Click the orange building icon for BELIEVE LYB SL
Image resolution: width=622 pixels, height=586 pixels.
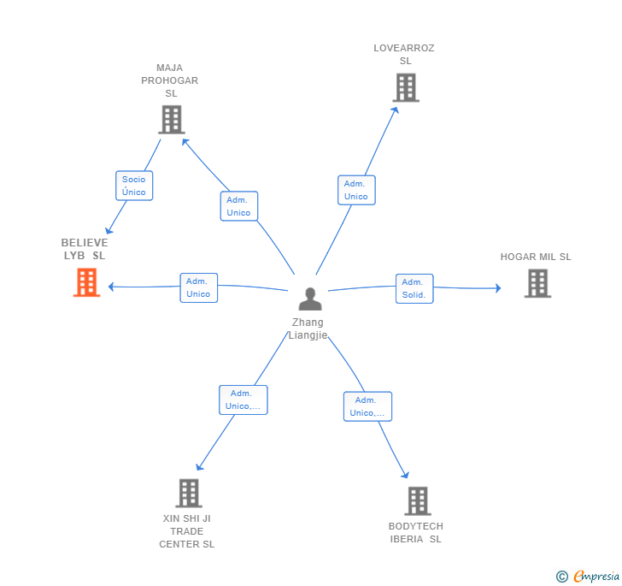click(x=86, y=282)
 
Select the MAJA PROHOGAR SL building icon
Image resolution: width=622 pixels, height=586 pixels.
click(x=171, y=120)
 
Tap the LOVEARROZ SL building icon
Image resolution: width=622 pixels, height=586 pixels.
click(x=405, y=87)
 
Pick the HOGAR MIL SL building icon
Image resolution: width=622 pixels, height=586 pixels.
click(x=537, y=283)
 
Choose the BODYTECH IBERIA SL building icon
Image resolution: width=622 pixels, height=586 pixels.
click(x=417, y=500)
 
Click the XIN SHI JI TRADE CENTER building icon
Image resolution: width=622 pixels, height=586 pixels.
click(x=188, y=493)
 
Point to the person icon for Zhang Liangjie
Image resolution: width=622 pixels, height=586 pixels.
click(x=310, y=299)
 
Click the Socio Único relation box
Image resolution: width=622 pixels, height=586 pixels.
click(x=134, y=186)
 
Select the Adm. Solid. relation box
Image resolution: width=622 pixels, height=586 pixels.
click(x=414, y=288)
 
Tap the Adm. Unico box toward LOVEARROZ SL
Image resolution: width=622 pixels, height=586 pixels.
click(x=356, y=190)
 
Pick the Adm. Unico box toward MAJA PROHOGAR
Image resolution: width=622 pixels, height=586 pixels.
click(x=239, y=206)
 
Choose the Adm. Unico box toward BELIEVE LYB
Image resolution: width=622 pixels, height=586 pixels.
click(x=198, y=287)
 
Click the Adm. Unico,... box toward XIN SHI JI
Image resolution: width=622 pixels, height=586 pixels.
click(x=244, y=400)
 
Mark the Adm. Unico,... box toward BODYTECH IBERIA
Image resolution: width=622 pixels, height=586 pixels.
click(x=367, y=406)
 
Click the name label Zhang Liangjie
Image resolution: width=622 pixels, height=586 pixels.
click(x=308, y=329)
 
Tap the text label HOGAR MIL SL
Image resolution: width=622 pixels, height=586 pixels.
click(x=536, y=257)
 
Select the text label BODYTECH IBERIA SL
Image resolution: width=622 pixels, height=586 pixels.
click(x=416, y=532)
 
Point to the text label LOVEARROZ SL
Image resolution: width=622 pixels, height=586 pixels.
click(x=404, y=54)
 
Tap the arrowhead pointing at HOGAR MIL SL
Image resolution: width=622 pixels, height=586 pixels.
click(x=498, y=288)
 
